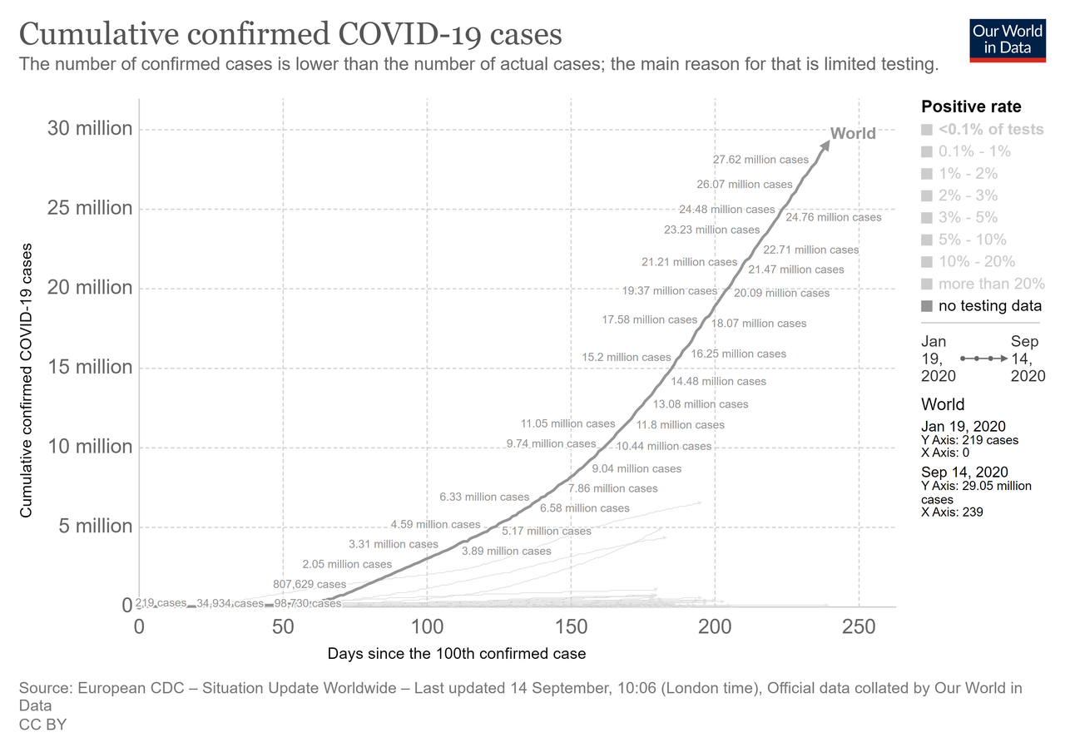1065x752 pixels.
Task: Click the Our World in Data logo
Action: click(x=1007, y=38)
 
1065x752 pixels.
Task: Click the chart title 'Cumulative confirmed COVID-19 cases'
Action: click(x=290, y=35)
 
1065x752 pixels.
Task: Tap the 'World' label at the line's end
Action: click(x=853, y=133)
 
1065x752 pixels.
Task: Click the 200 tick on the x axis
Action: click(x=715, y=626)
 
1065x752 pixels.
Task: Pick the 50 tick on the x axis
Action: click(x=283, y=626)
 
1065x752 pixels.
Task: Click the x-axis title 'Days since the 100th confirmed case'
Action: click(x=457, y=654)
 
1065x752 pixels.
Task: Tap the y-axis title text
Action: click(x=27, y=381)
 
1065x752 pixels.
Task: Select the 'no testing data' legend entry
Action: click(x=989, y=306)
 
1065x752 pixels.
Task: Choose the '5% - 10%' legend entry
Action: click(x=976, y=240)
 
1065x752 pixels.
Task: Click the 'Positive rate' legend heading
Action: click(x=971, y=106)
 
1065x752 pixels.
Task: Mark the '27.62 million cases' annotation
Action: click(x=760, y=159)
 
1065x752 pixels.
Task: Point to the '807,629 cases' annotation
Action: click(x=310, y=584)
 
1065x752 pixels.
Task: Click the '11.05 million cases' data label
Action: click(x=567, y=423)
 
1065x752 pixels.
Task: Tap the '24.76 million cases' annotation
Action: click(x=833, y=217)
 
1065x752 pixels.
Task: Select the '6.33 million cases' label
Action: click(x=484, y=497)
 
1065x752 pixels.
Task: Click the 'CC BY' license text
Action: click(x=42, y=725)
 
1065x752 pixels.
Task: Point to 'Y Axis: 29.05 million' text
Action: click(x=976, y=486)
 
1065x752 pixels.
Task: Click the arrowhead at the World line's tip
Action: click(x=825, y=143)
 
